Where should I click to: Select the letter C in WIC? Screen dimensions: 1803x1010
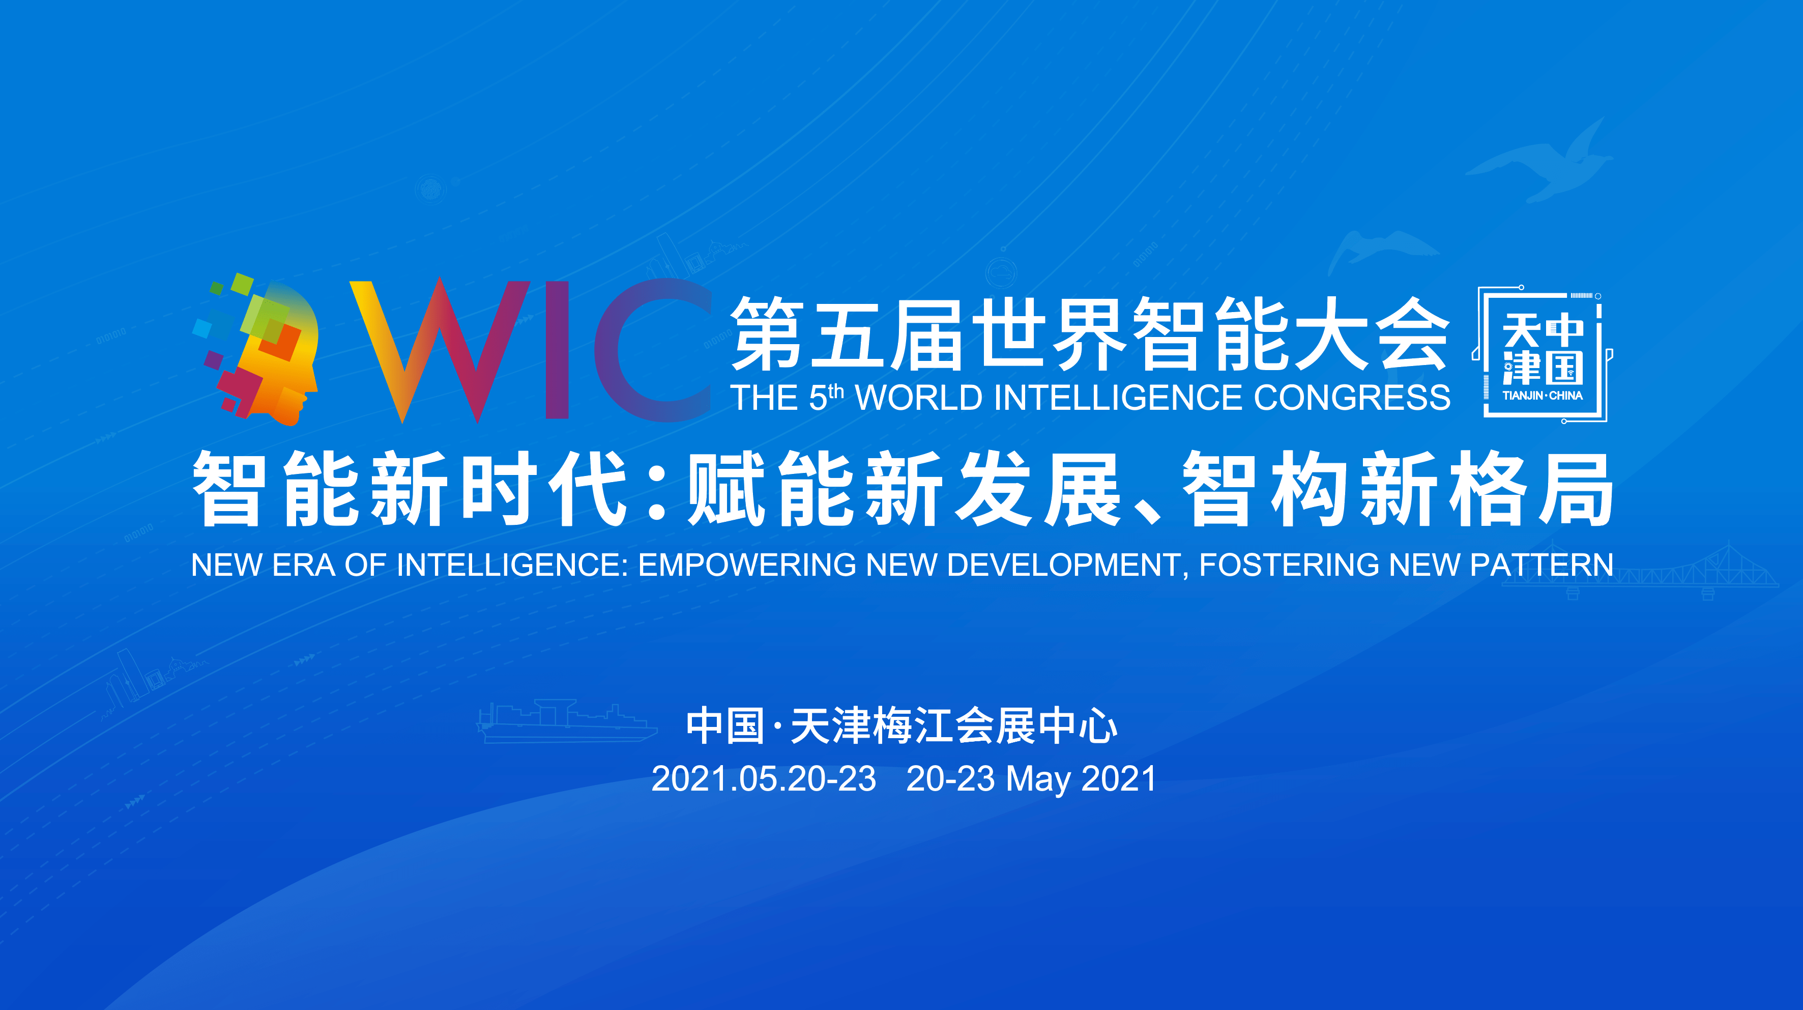(651, 350)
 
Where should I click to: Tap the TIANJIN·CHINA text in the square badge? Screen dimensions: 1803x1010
(1542, 396)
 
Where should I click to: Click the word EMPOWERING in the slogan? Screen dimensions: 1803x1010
(747, 565)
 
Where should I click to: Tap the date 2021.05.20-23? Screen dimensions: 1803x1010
(764, 779)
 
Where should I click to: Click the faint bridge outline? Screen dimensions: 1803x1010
(1638, 571)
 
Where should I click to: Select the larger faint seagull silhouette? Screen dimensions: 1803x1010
(1540, 162)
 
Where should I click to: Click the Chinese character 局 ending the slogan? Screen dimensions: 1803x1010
(1575, 488)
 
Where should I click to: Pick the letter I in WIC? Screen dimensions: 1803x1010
(557, 350)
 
